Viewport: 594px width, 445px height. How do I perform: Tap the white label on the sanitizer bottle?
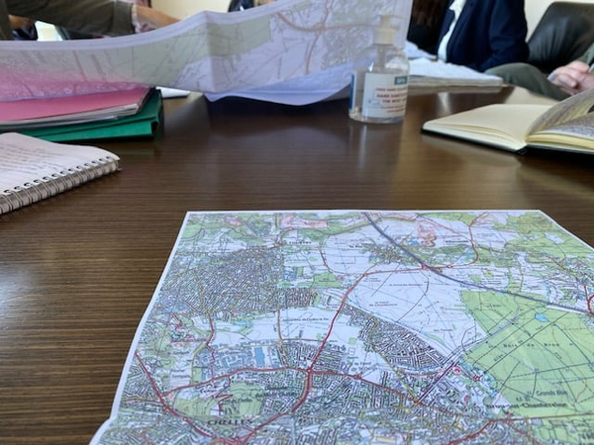pyautogui.click(x=385, y=94)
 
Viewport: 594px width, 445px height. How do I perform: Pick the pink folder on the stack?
pyautogui.click(x=69, y=104)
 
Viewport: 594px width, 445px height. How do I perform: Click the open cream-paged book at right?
pyautogui.click(x=505, y=124)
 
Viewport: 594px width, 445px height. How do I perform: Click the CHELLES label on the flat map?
pyautogui.click(x=225, y=419)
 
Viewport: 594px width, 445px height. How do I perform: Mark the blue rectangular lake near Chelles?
pyautogui.click(x=259, y=354)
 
